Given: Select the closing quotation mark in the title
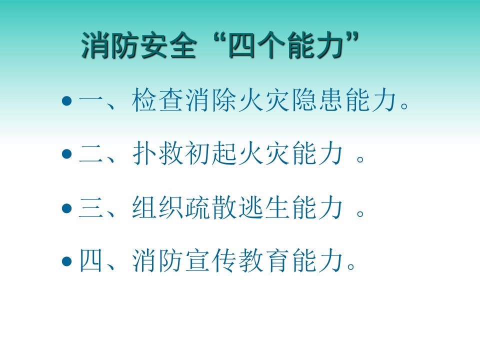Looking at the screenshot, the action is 352,38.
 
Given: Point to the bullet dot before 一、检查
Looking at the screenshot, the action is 66,100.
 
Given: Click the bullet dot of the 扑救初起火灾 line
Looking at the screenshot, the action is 66,153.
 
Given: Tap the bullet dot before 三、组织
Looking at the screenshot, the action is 66,208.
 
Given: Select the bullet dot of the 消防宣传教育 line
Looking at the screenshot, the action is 66,261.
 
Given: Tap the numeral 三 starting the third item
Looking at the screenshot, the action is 91,207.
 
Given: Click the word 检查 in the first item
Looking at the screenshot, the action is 158,100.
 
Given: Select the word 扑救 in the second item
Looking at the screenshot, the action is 158,153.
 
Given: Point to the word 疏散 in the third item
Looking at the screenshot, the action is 211,207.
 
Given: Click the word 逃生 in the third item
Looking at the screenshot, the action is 264,207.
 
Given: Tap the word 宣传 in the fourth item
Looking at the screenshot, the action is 211,260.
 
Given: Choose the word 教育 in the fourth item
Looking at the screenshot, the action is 264,260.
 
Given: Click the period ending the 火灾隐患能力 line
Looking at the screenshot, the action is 404,106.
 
